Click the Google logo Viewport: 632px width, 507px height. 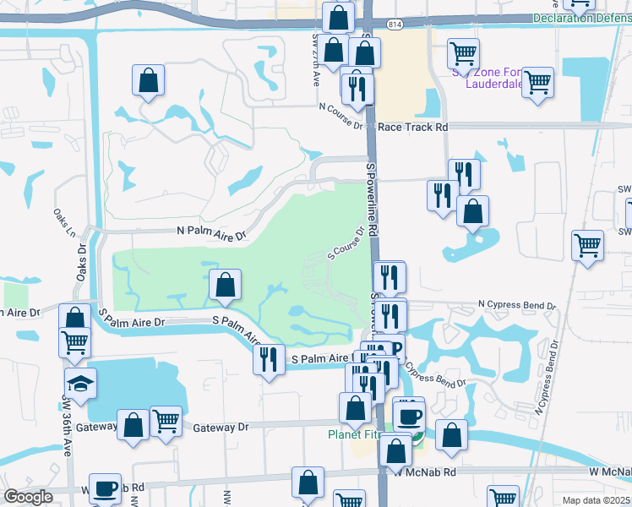(x=28, y=497)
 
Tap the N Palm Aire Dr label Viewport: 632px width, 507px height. (x=210, y=231)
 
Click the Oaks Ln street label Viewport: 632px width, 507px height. (x=60, y=225)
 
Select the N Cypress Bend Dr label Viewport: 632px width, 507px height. (x=517, y=304)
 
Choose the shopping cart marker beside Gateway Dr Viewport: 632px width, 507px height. (x=166, y=422)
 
